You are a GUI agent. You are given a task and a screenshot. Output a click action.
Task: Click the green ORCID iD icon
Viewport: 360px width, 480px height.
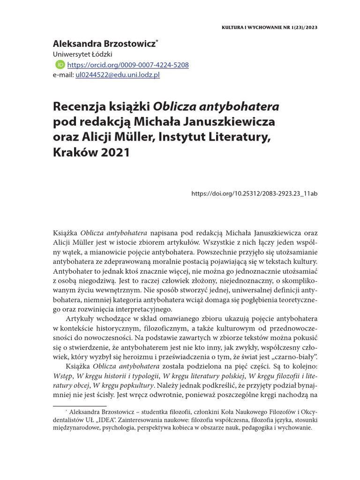coord(60,65)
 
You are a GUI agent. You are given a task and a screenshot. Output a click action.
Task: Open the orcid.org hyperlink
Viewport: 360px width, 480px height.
coord(128,65)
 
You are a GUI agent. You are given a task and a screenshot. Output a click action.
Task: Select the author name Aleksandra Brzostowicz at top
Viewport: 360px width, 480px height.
coord(105,44)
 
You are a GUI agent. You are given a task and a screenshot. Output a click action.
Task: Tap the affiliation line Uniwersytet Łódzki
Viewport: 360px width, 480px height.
coord(82,55)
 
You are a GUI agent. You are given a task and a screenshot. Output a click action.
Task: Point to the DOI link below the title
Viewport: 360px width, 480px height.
coord(255,193)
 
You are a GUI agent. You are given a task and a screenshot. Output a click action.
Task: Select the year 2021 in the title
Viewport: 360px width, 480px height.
coord(115,153)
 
